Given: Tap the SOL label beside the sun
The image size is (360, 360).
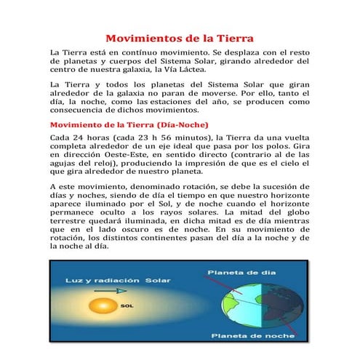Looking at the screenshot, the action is pyautogui.click(x=127, y=306).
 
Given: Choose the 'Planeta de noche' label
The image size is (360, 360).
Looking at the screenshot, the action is pyautogui.click(x=251, y=335).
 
